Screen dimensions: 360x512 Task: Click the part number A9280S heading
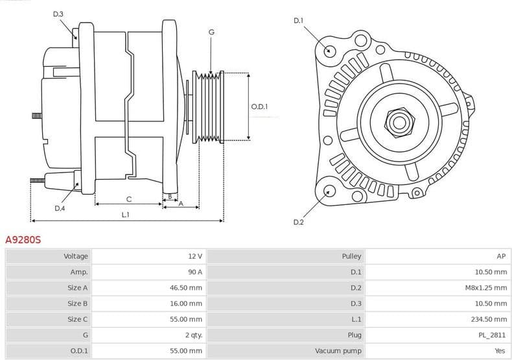click(23, 240)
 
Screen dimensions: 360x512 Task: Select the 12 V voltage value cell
click(194, 257)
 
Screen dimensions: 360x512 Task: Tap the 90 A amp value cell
click(194, 272)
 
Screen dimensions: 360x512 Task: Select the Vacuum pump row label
click(338, 350)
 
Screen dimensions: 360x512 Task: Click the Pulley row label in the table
click(351, 257)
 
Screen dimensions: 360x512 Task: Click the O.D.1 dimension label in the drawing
click(259, 107)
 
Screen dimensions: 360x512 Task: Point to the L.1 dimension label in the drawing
click(126, 215)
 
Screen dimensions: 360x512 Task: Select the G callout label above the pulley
click(211, 32)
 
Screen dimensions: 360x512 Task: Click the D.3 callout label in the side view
click(58, 14)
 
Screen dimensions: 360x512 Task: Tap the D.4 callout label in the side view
click(60, 208)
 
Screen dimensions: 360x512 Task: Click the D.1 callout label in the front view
click(298, 21)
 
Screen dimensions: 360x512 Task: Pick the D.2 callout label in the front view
click(298, 222)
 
